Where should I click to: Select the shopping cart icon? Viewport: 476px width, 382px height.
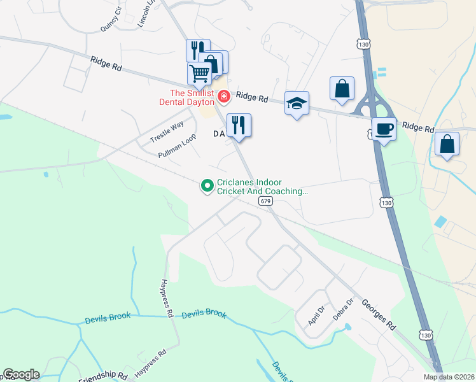(199, 73)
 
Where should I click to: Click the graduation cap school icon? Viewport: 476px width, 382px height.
(297, 103)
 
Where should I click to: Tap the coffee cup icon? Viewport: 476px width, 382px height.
(384, 129)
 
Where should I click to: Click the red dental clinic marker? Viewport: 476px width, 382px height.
(223, 97)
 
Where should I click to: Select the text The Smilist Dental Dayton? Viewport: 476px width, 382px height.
(189, 97)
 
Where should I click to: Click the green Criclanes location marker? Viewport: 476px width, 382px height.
(207, 186)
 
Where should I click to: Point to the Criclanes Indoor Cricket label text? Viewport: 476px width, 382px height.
(262, 186)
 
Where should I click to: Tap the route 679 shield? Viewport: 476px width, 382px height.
(266, 201)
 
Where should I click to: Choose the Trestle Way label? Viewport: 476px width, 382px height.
(167, 131)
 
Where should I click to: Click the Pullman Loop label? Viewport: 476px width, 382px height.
(177, 150)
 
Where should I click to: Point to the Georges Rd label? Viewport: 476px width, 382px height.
(379, 315)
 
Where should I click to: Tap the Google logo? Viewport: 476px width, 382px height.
(21, 374)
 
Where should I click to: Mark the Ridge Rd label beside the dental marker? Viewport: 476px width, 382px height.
(252, 97)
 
